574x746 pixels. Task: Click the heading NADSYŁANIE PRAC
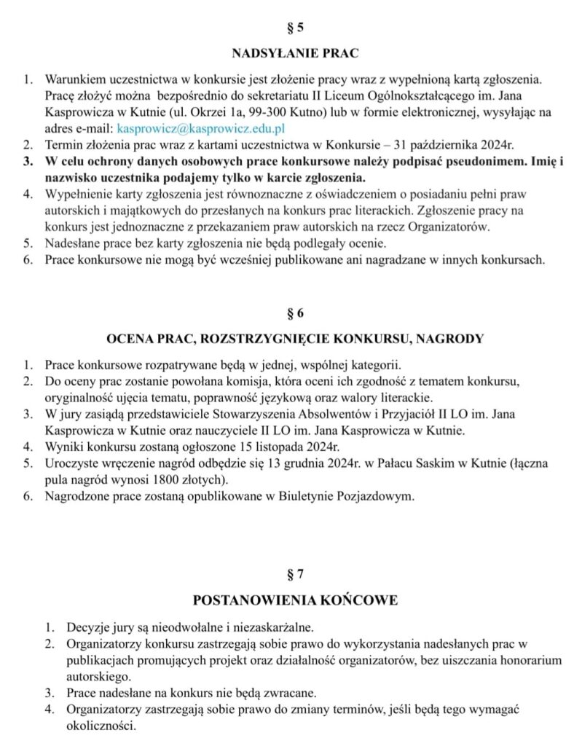295,53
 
